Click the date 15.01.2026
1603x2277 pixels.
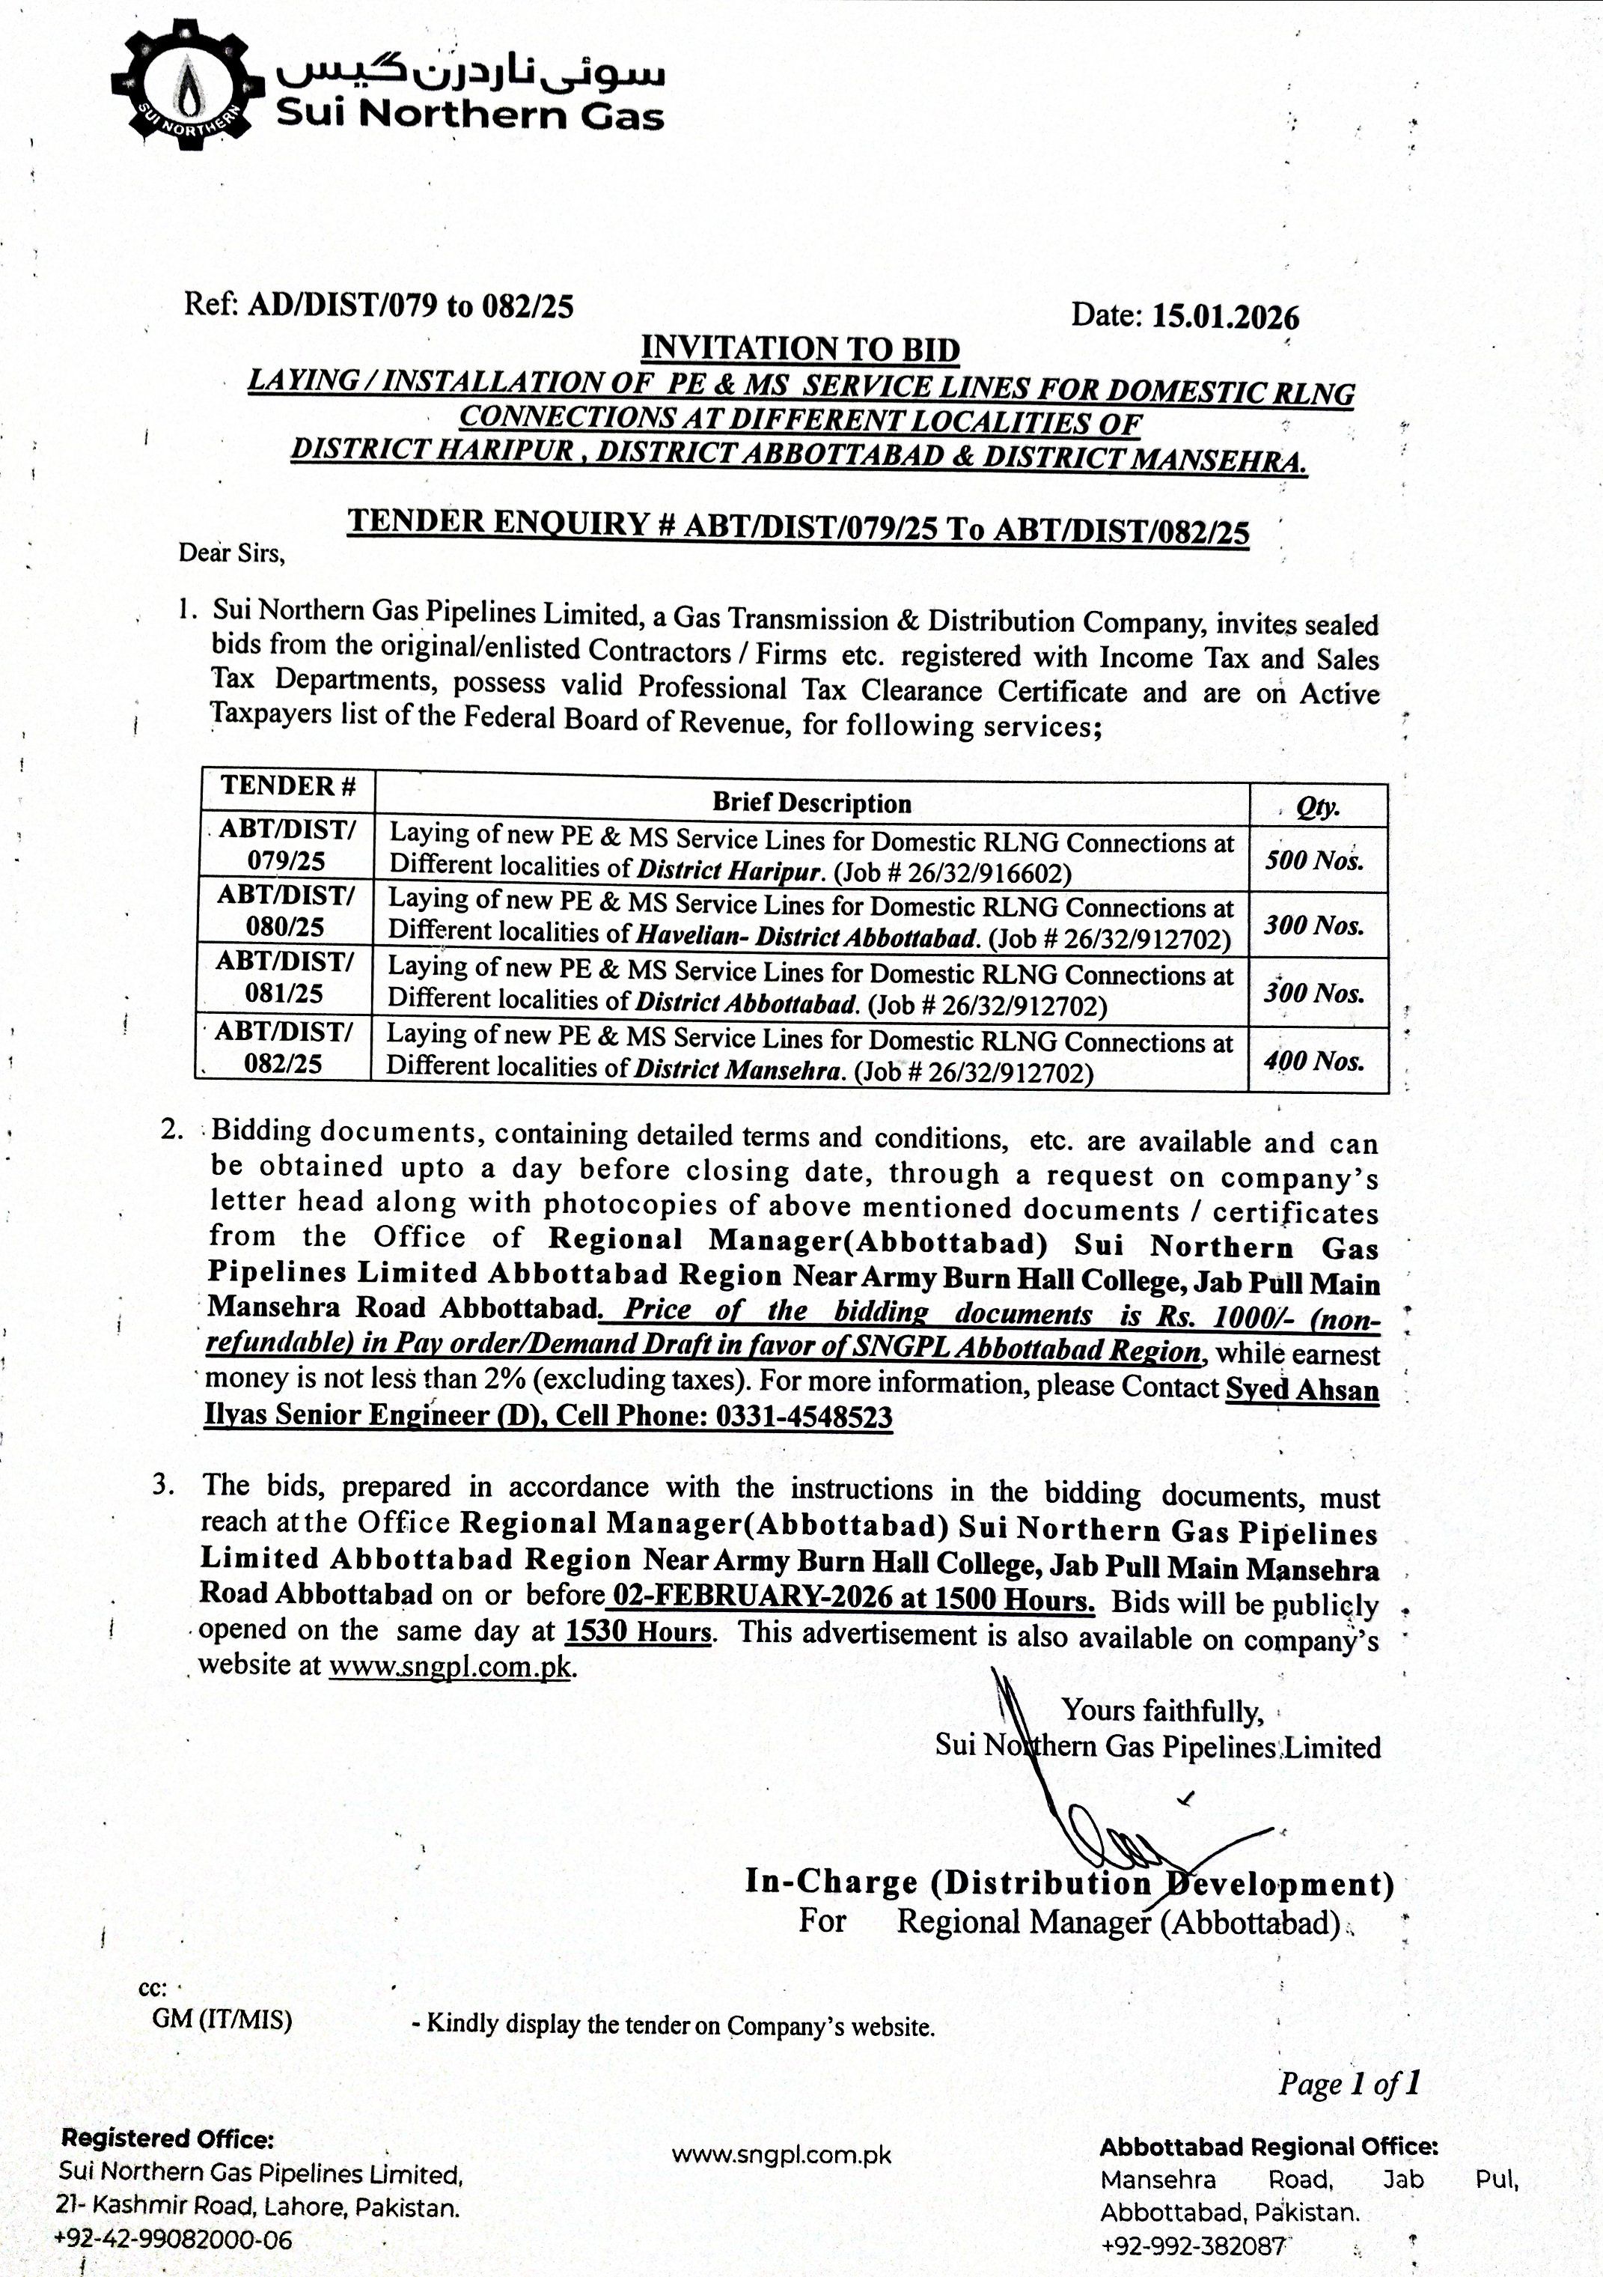click(x=1224, y=317)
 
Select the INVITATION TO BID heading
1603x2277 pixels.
click(x=800, y=349)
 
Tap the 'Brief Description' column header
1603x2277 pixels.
click(x=811, y=803)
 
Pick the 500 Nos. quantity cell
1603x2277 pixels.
click(x=1315, y=860)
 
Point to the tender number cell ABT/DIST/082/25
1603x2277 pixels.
click(x=284, y=1048)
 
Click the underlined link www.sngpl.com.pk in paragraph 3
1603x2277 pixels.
click(x=451, y=1665)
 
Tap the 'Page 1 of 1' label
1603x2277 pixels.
click(x=1349, y=2084)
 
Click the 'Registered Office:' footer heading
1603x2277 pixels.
click(x=168, y=2139)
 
